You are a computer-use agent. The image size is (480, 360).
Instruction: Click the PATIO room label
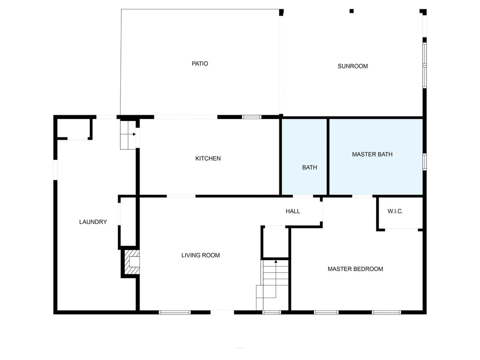(200, 64)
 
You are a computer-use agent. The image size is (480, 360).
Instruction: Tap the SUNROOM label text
(352, 66)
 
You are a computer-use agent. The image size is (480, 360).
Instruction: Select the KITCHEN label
(208, 158)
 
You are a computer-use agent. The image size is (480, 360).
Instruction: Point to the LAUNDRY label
(93, 222)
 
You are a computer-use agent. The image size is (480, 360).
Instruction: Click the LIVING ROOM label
(200, 255)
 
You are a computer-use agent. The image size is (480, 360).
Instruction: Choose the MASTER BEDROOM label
(355, 269)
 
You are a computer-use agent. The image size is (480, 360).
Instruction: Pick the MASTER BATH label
(372, 154)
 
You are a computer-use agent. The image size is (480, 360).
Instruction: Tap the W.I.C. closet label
(395, 211)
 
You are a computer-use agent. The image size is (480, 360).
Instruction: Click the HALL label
(292, 211)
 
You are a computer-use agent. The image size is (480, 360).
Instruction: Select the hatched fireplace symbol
(132, 263)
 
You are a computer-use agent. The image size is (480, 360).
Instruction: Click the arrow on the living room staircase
(276, 262)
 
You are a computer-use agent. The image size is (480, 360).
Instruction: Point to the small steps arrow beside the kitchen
(134, 134)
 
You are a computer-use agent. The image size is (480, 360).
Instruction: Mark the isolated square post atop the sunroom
(352, 11)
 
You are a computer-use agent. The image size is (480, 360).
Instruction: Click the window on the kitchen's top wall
(252, 117)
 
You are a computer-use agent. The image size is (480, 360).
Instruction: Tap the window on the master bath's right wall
(424, 162)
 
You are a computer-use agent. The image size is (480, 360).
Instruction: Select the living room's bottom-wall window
(175, 312)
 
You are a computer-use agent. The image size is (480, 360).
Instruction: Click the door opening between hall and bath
(303, 196)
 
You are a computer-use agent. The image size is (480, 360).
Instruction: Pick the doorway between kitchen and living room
(181, 196)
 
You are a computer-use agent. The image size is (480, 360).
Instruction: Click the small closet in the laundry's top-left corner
(74, 128)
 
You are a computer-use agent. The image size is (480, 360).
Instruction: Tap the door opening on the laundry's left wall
(56, 170)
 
